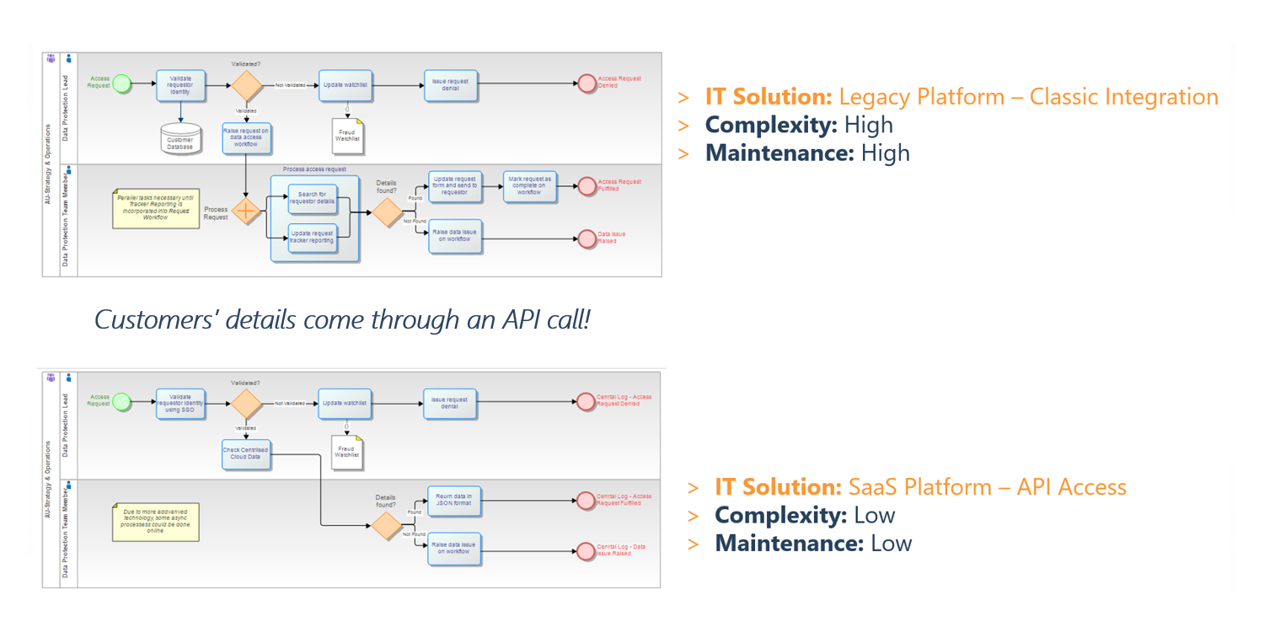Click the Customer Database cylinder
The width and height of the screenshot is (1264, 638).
click(180, 139)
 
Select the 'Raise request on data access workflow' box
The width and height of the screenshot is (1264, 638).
click(247, 138)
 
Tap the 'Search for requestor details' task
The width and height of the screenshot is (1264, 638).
click(312, 199)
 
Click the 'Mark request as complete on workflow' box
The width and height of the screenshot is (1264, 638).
click(530, 185)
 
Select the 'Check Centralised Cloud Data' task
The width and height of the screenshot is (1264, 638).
click(246, 453)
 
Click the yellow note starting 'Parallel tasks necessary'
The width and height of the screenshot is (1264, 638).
click(156, 208)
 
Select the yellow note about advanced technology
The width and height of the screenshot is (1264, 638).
click(156, 521)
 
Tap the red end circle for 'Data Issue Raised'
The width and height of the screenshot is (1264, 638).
click(586, 239)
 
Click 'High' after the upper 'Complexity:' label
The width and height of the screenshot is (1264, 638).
click(868, 125)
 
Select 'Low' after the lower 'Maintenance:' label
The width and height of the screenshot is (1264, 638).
click(892, 543)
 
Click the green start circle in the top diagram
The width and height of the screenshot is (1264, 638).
click(122, 83)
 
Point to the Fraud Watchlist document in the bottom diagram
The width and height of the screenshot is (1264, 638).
click(347, 452)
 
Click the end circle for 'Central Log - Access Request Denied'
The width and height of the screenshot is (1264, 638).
click(586, 403)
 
